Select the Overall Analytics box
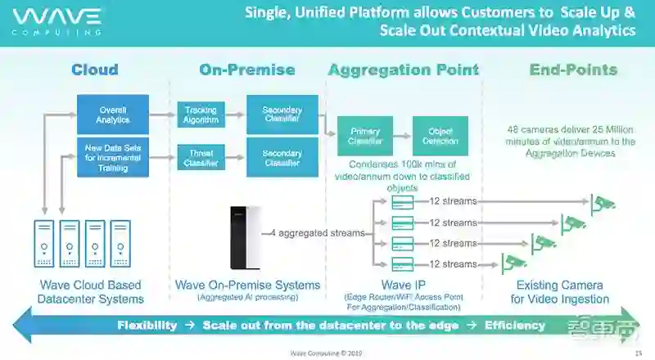(x=113, y=115)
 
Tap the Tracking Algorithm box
(x=201, y=115)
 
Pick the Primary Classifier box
(x=365, y=137)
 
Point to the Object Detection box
(x=440, y=137)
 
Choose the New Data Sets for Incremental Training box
(x=113, y=157)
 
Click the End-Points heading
(x=573, y=70)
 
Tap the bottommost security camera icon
(x=513, y=263)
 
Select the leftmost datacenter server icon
(x=44, y=244)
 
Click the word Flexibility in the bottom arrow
(x=147, y=325)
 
